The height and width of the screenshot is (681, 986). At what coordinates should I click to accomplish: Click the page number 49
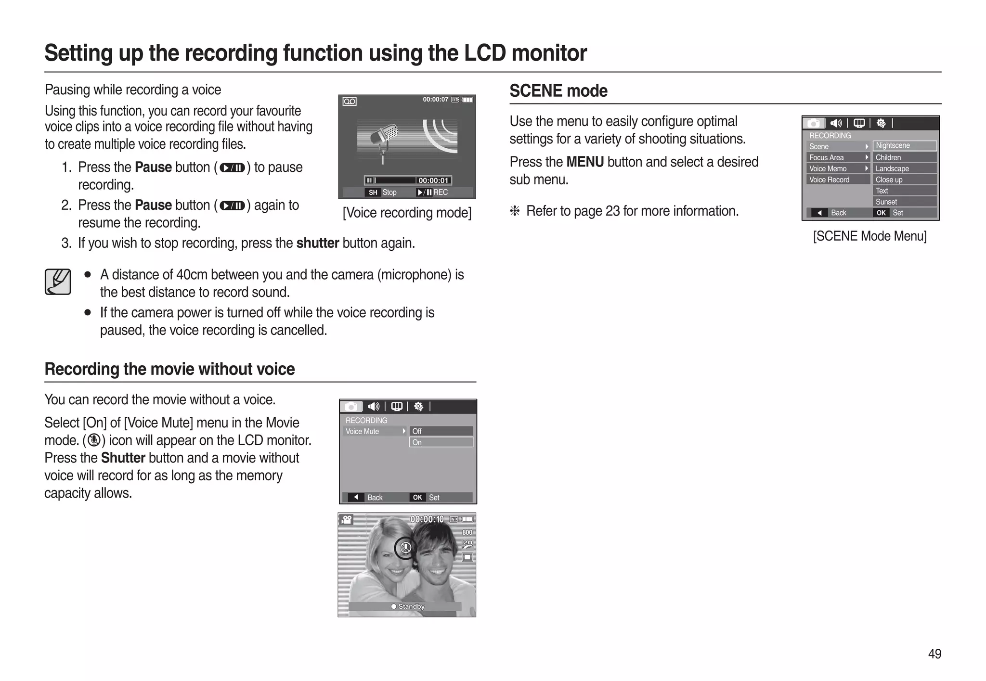click(934, 654)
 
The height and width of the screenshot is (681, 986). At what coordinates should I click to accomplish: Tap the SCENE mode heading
click(558, 90)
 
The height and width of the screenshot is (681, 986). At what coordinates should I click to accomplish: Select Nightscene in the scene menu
click(904, 145)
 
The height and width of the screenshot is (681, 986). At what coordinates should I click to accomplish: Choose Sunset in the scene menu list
click(904, 202)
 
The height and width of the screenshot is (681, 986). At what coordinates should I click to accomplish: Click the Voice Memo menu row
click(838, 168)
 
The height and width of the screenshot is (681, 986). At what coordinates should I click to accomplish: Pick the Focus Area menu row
click(838, 157)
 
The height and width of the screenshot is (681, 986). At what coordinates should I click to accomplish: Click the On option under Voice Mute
click(441, 442)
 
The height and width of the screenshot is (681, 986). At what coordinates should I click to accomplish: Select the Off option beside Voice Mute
click(441, 431)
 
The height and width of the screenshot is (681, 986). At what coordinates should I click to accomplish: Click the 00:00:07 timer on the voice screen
click(435, 100)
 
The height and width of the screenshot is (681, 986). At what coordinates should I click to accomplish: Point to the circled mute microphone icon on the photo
click(405, 548)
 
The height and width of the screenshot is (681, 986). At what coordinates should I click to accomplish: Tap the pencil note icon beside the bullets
click(58, 282)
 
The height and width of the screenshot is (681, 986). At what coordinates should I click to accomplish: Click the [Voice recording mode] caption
click(407, 213)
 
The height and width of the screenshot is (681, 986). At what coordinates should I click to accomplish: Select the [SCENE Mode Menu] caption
click(869, 236)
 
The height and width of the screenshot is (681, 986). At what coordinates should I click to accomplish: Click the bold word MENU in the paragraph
click(584, 162)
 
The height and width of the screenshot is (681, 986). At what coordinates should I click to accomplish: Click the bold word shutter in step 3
click(317, 243)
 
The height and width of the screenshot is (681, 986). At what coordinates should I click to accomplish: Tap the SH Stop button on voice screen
click(383, 193)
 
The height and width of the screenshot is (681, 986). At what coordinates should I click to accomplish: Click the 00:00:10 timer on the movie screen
click(427, 519)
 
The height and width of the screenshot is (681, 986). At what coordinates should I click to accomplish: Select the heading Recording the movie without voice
click(169, 369)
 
